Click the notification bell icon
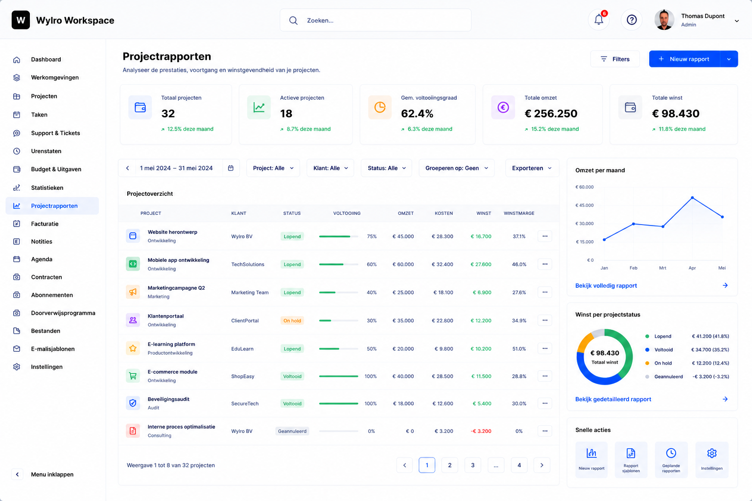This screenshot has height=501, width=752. click(x=599, y=20)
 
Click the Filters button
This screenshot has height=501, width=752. click(x=615, y=59)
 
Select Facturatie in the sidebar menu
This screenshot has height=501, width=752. click(x=45, y=224)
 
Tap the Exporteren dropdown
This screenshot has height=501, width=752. click(x=532, y=168)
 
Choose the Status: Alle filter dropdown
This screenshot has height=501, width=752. click(x=386, y=168)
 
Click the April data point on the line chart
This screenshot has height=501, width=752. click(x=692, y=198)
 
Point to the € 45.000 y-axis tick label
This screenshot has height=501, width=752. click(x=585, y=205)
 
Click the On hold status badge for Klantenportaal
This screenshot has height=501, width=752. click(x=292, y=320)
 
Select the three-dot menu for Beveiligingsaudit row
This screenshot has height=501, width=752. click(x=544, y=403)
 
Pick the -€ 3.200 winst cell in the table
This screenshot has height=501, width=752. click(x=481, y=431)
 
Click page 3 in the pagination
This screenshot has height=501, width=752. click(x=472, y=465)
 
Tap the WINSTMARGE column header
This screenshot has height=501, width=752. click(x=518, y=213)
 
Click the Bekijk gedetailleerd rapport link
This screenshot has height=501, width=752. click(x=613, y=399)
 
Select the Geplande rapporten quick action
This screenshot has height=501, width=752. click(x=671, y=460)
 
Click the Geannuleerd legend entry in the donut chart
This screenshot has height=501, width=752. click(x=668, y=377)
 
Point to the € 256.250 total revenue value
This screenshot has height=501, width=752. click(x=551, y=114)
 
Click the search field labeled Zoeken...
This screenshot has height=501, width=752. click(x=376, y=21)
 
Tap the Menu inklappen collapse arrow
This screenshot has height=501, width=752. click(x=18, y=474)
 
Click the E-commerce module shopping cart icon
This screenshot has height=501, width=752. click(x=133, y=376)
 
